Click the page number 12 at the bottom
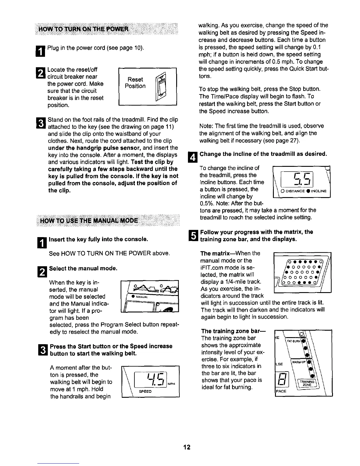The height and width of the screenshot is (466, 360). click(x=187, y=447)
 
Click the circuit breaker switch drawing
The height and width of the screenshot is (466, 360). click(x=161, y=86)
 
